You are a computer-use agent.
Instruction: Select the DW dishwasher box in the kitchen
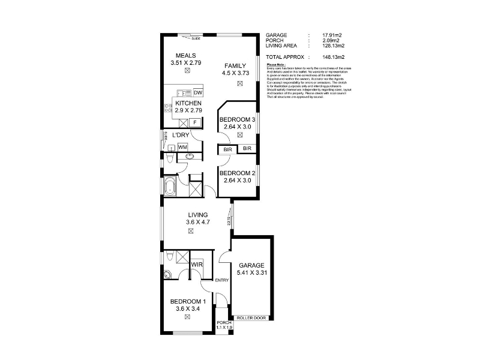click(198, 92)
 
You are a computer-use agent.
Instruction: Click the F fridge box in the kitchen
click(195, 122)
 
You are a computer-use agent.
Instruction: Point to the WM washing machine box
click(182, 146)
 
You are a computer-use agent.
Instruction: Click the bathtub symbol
click(170, 187)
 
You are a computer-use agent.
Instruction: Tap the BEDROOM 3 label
click(237, 119)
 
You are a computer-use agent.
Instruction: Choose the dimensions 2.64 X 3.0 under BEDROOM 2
click(237, 181)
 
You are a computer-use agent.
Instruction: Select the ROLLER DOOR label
click(250, 317)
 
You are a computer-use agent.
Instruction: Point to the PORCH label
click(223, 323)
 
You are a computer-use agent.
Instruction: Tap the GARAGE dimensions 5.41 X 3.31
click(251, 274)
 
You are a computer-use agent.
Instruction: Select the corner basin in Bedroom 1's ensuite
click(167, 275)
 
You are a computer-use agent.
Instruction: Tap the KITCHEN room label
click(188, 103)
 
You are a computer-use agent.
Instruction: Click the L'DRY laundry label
click(181, 135)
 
